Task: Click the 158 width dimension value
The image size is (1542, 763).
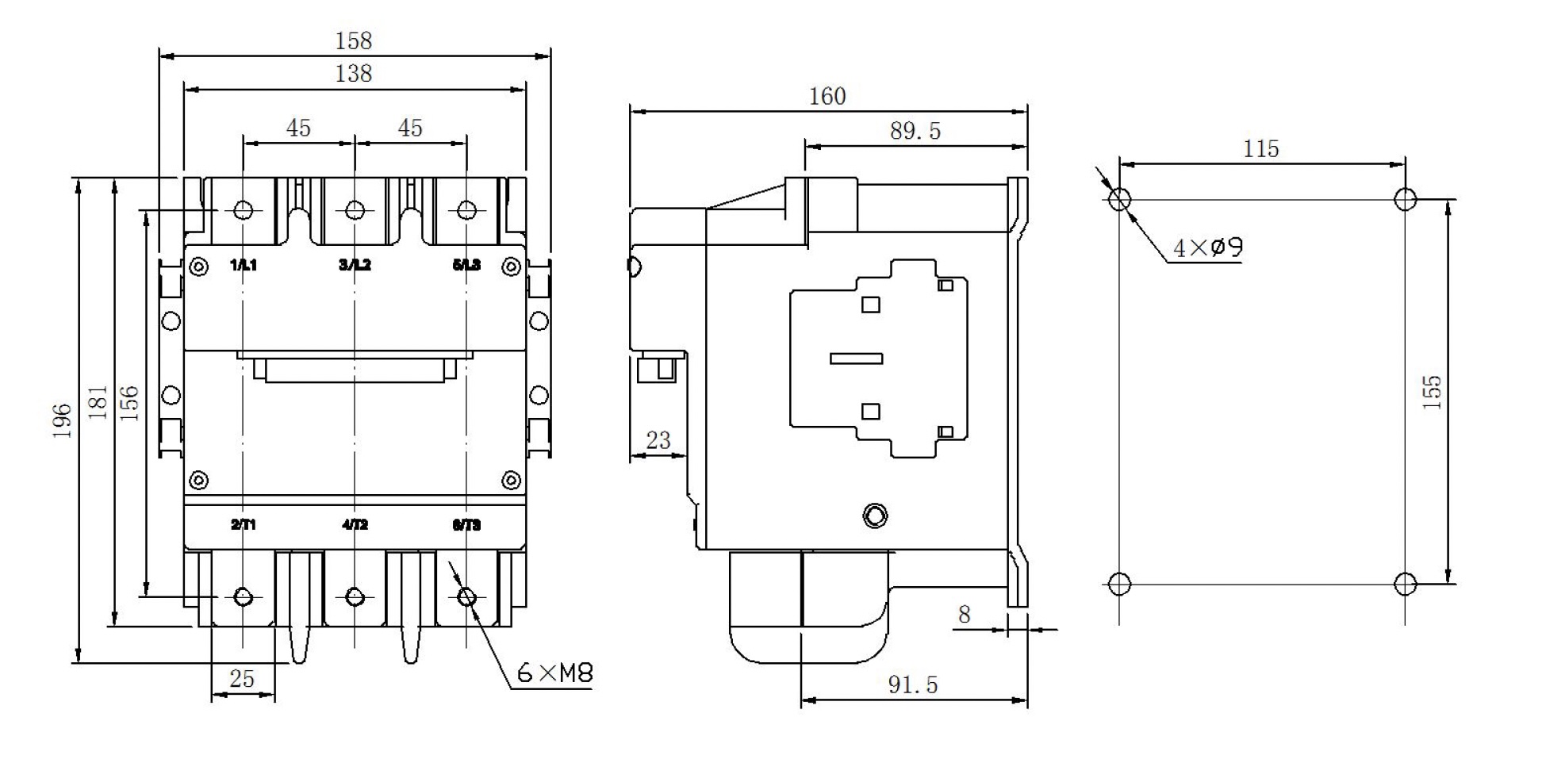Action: (353, 40)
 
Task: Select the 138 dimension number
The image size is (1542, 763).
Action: (353, 74)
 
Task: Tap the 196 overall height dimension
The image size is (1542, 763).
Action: (63, 420)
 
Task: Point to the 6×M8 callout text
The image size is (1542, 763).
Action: (554, 674)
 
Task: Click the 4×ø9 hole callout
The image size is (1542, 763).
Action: (1207, 248)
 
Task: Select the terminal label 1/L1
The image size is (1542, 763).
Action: (244, 265)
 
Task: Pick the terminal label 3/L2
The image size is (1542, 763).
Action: (355, 265)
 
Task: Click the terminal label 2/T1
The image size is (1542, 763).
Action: (244, 524)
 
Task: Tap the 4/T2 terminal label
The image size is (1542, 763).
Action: (355, 524)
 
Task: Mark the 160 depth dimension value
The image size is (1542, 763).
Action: (827, 97)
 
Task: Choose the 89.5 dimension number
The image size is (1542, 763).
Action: (915, 132)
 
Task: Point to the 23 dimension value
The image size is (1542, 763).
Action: (658, 441)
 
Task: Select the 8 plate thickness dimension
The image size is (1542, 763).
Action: (964, 615)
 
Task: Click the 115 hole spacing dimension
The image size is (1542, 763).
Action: (1260, 149)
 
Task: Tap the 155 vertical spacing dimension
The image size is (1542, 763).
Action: (1432, 392)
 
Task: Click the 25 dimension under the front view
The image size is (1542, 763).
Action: (242, 679)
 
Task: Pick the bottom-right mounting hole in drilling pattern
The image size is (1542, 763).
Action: (1405, 585)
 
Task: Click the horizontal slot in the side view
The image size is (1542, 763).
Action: (857, 358)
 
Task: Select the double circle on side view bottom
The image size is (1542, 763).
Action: (875, 516)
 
